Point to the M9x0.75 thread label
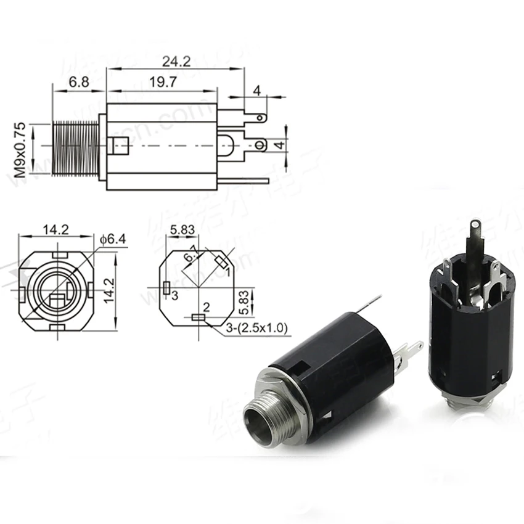pos(21,150)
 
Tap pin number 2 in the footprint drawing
pos(207,306)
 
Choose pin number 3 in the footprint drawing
pos(175,296)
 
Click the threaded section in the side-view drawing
pos(75,146)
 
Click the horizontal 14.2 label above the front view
pos(55,230)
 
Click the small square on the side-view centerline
pos(117,146)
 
